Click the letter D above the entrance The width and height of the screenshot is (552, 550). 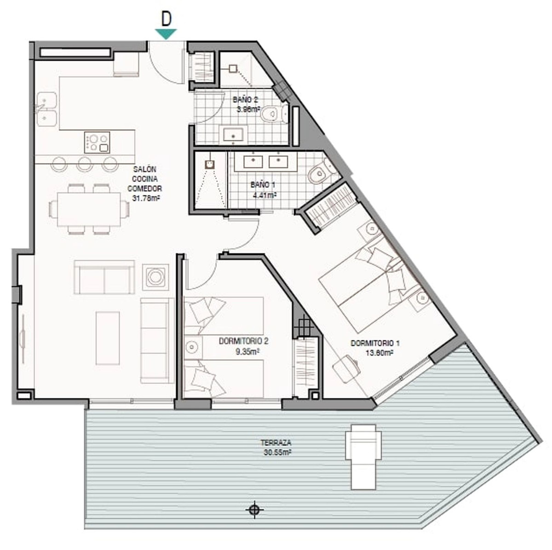(x=166, y=19)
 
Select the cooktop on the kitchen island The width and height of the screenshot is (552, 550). (x=97, y=143)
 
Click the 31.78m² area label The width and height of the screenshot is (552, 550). (x=146, y=198)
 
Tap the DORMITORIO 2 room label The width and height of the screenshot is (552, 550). (x=243, y=341)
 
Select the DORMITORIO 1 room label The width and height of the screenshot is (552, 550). (x=375, y=343)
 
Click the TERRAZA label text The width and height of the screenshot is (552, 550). (x=276, y=442)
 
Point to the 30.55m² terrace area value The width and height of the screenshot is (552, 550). (x=277, y=453)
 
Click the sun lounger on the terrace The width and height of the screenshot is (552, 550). (x=363, y=457)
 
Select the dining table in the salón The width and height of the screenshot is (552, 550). (x=89, y=209)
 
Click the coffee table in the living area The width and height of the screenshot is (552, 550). (x=108, y=338)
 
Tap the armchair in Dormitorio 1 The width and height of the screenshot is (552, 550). (x=346, y=369)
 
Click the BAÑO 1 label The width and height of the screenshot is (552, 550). (x=263, y=185)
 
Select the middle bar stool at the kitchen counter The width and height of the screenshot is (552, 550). (x=85, y=164)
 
